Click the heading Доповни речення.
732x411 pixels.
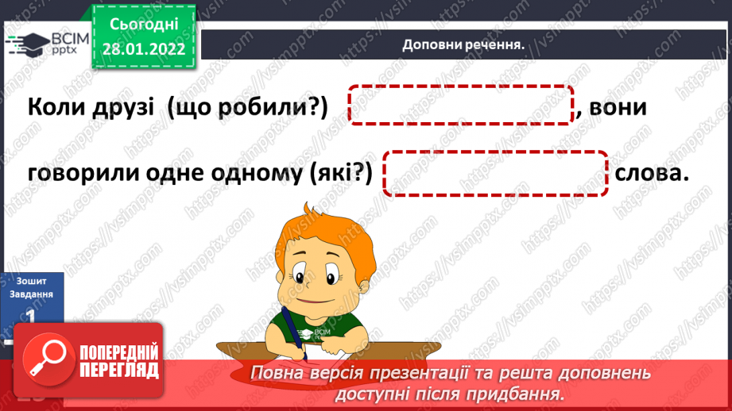[x=463, y=44]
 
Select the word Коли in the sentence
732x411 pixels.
[x=52, y=109]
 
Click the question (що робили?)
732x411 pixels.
[x=248, y=109]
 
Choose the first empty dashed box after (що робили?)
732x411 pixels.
[x=461, y=106]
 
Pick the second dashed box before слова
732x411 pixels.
[x=496, y=173]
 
